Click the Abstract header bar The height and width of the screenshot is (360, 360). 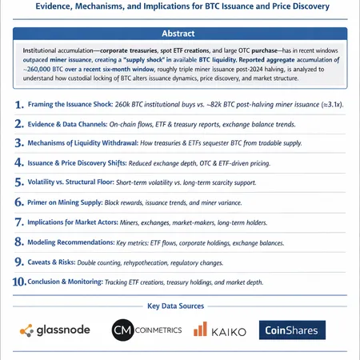pyautogui.click(x=180, y=34)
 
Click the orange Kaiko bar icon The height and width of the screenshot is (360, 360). pyautogui.click(x=199, y=330)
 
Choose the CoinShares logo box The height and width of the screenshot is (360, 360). pyautogui.click(x=293, y=330)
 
